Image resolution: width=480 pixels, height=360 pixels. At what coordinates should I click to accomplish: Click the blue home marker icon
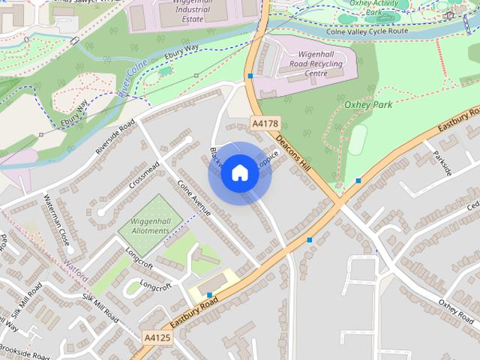point(239,173)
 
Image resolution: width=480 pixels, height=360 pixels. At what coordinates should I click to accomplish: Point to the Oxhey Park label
point(367,105)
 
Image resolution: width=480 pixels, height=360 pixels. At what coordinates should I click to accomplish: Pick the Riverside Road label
point(115,137)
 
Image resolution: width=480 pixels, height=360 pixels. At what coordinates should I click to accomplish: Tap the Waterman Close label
point(56,219)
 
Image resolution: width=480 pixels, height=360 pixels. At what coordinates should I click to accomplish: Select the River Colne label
point(132,82)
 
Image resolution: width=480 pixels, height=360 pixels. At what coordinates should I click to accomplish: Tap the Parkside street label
point(442,163)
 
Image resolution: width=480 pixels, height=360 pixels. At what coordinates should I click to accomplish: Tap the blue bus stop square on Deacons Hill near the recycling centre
point(250,76)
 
